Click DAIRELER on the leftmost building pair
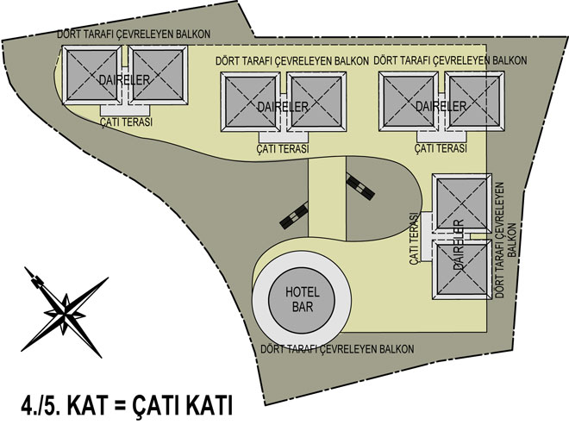(x=126, y=80)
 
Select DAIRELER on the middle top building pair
(x=284, y=106)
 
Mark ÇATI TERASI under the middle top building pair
(x=284, y=149)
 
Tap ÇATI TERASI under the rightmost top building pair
(x=441, y=149)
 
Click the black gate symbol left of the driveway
(x=295, y=215)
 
